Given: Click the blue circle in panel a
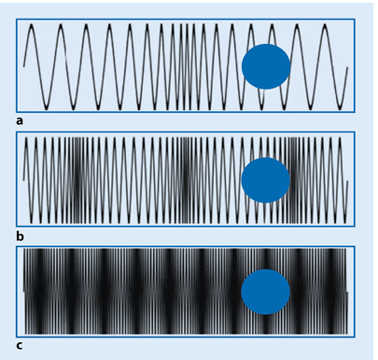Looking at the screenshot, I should click(266, 66).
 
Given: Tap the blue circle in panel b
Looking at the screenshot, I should click(266, 180).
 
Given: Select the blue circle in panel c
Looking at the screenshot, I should click(266, 292).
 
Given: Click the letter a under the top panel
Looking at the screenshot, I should click(20, 120).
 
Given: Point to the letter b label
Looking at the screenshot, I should click(20, 234).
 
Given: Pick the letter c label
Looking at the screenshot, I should click(20, 345).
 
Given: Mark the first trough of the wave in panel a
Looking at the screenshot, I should click(45, 104).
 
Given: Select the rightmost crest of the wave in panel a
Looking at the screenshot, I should click(325, 26).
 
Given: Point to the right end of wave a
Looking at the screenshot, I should click(347, 67).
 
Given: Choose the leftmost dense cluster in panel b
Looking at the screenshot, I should click(77, 180).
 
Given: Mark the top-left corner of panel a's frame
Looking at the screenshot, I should click(17, 20).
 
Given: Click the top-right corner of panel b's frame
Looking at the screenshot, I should click(355, 132).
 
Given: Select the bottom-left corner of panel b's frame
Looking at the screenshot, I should click(17, 227).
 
